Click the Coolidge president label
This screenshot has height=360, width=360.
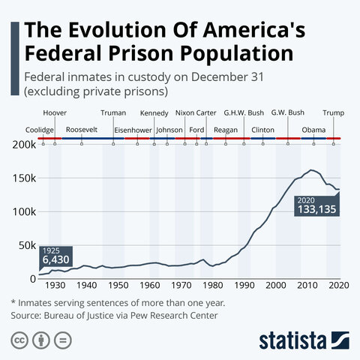tap(39, 130)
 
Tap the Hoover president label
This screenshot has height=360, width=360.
tap(55, 112)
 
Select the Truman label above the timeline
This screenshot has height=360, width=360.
tap(113, 112)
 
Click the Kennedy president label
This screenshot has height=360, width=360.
tap(154, 112)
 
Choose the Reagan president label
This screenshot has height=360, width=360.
tap(226, 130)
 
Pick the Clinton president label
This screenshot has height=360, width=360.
tap(263, 130)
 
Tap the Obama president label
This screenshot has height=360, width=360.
tap(313, 130)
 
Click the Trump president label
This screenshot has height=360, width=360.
tap(332, 112)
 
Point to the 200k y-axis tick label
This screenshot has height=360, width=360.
tap(25, 145)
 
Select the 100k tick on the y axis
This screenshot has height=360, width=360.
tap(25, 211)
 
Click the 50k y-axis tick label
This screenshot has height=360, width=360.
tap(27, 245)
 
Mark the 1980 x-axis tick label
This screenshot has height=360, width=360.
tap(213, 286)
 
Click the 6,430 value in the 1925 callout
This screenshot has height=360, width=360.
tap(55, 259)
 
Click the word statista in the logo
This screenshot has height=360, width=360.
tap(300, 340)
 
